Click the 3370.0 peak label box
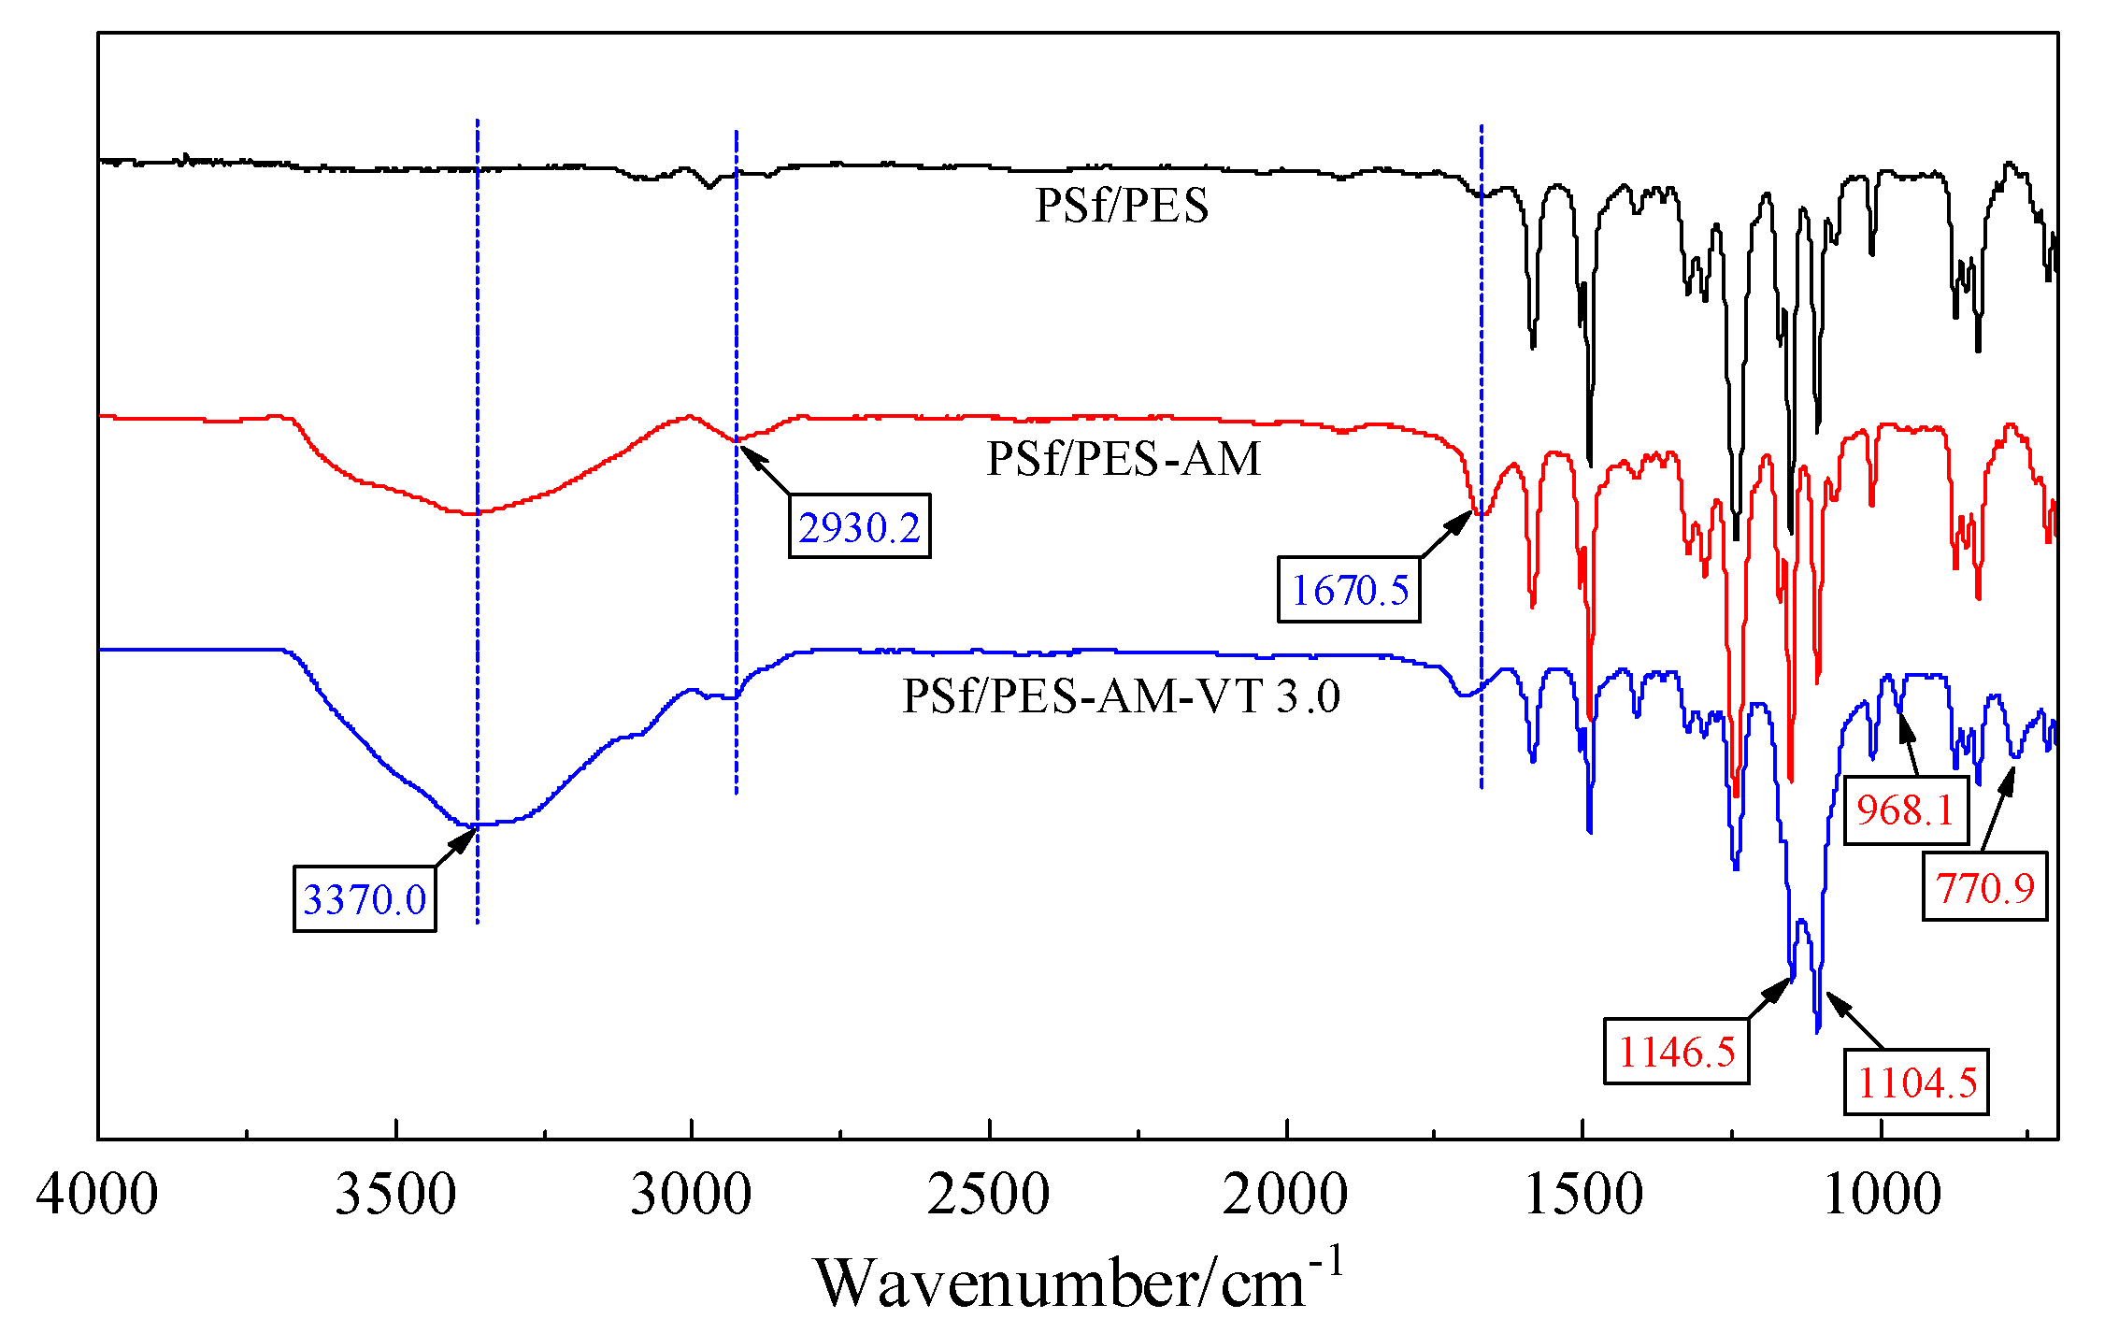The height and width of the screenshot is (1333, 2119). (x=365, y=898)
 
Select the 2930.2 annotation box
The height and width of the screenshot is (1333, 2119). (x=859, y=526)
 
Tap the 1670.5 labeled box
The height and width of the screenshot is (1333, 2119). (x=1349, y=590)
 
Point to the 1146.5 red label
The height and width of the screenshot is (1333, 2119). (x=1676, y=1052)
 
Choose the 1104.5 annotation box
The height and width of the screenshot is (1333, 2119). (x=1916, y=1082)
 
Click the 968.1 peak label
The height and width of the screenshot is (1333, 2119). (x=1905, y=810)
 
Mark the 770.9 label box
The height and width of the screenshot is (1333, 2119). (x=1984, y=887)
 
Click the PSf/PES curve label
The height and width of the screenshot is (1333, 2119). (x=1122, y=205)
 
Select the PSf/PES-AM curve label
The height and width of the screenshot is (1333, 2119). (x=1124, y=458)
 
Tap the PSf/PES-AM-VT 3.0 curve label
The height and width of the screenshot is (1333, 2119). (x=1121, y=695)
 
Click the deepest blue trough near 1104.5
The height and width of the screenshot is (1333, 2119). (x=1817, y=1030)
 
